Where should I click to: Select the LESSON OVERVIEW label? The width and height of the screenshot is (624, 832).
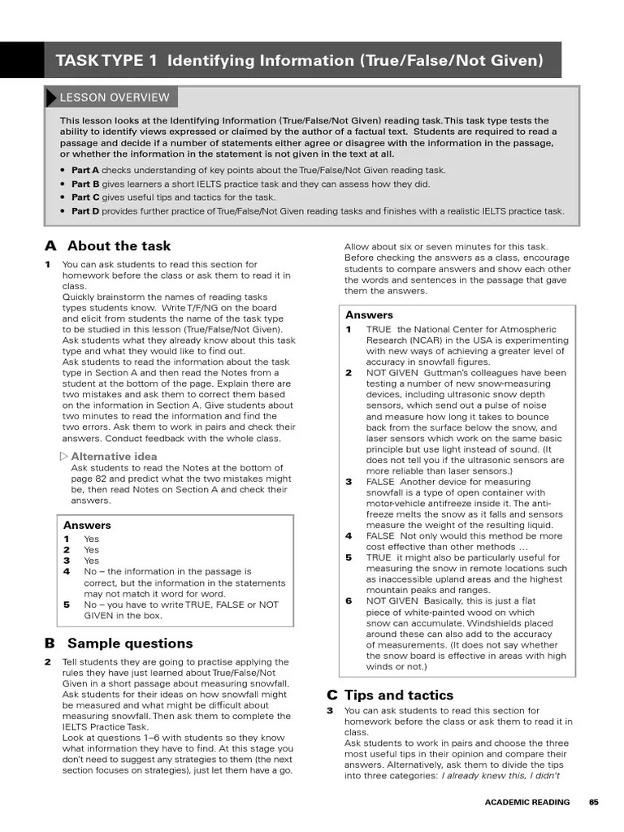[x=114, y=97]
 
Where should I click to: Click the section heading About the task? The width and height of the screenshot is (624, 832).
[x=119, y=246]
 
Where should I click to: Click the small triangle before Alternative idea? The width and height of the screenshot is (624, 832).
[x=64, y=456]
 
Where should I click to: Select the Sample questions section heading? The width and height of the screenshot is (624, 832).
[x=130, y=643]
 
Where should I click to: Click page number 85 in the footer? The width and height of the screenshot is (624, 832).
[x=594, y=802]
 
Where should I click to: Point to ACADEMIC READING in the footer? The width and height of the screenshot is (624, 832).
[x=526, y=802]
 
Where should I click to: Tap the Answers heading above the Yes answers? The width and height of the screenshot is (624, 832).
[x=87, y=525]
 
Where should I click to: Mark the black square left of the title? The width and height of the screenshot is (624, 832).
[x=22, y=60]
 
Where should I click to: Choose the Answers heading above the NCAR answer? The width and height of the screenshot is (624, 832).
[x=369, y=314]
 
